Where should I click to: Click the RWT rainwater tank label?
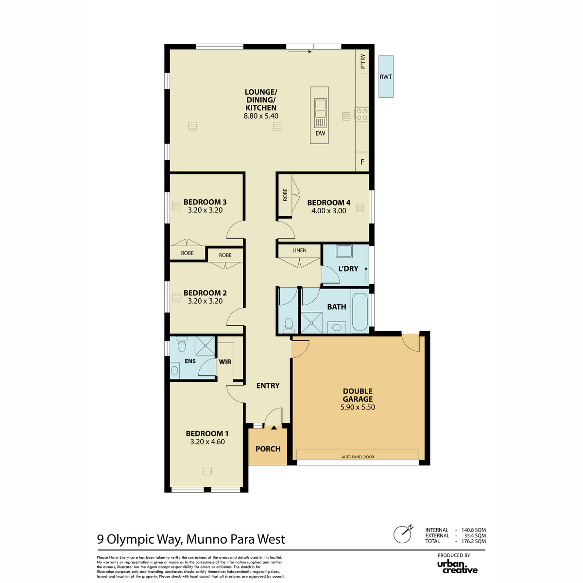click(386, 77)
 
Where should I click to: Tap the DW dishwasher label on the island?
click(320, 133)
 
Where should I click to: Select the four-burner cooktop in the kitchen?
click(362, 114)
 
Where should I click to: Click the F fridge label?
click(362, 162)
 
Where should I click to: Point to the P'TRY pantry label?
click(363, 61)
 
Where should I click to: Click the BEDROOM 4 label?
click(328, 203)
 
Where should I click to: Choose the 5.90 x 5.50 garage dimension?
click(358, 407)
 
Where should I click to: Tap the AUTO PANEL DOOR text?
click(358, 457)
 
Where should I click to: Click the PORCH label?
click(268, 449)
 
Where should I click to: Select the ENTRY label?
click(268, 385)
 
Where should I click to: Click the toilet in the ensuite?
click(182, 344)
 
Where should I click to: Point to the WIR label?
click(225, 362)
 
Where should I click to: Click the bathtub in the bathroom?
click(360, 311)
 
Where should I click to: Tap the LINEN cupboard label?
click(299, 251)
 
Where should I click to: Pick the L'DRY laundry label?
click(348, 269)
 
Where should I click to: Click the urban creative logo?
click(457, 567)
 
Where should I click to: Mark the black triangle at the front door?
click(274, 428)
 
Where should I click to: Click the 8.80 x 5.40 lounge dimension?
click(261, 116)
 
